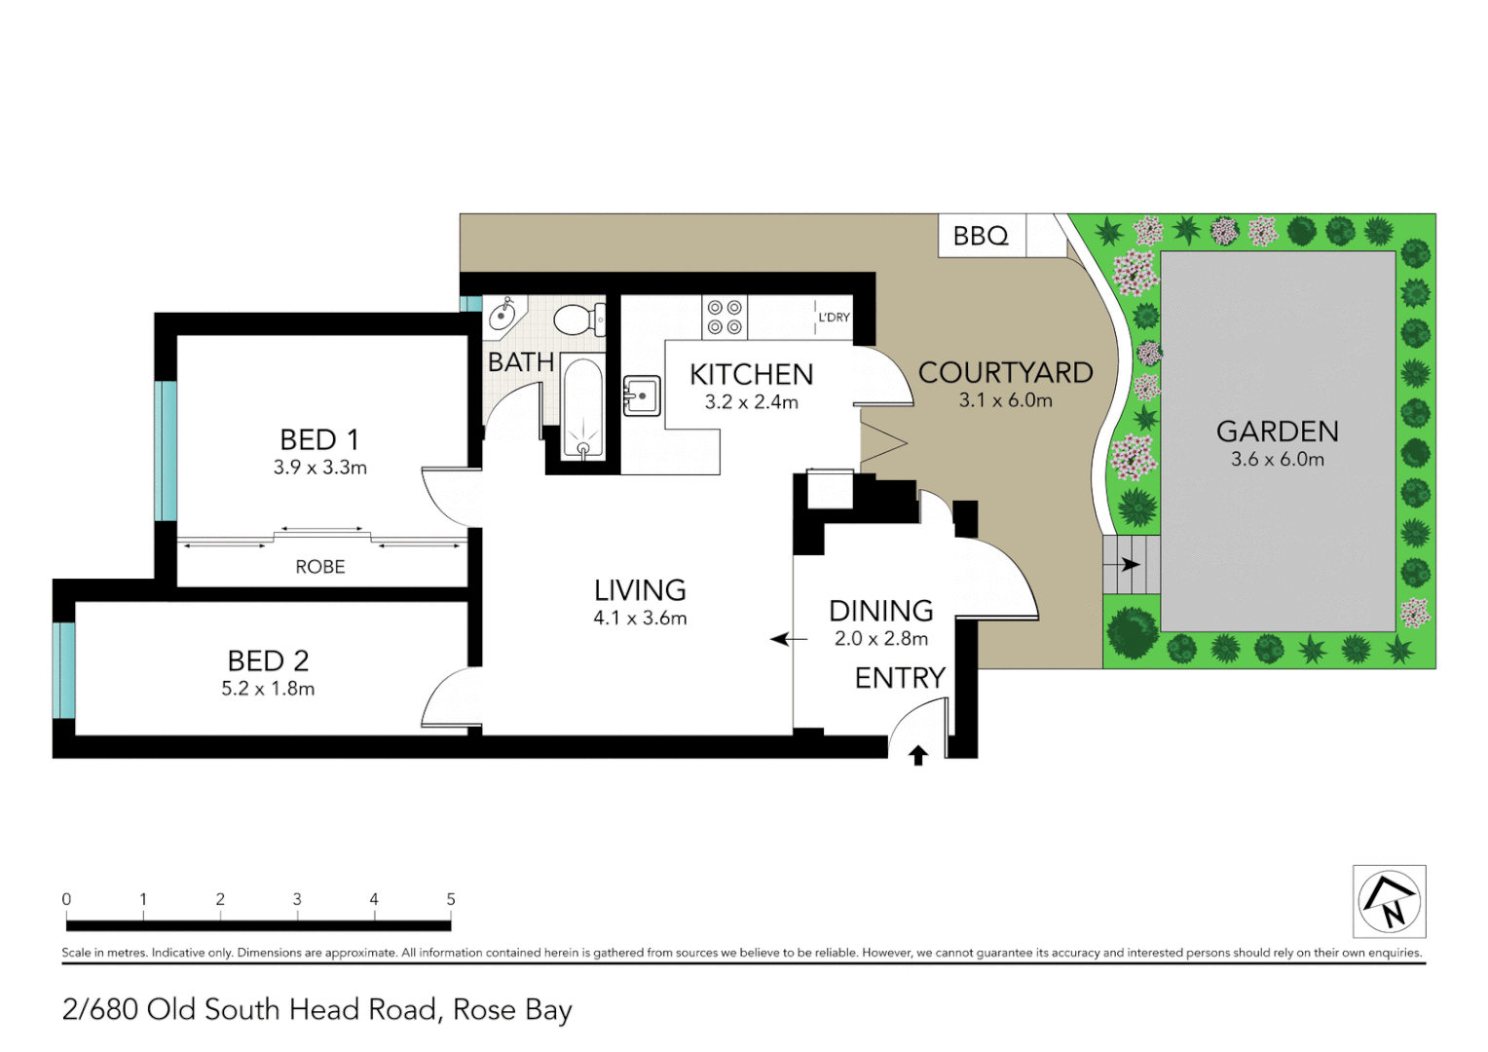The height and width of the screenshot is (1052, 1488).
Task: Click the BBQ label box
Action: (x=981, y=236)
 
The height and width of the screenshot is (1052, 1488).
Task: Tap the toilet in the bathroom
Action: (x=578, y=319)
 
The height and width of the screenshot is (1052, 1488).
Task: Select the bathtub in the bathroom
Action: (x=582, y=409)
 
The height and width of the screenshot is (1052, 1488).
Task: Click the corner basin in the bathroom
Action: (x=502, y=314)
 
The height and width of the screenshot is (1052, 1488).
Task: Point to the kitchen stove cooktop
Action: (x=725, y=317)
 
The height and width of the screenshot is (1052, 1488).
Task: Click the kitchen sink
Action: (x=642, y=395)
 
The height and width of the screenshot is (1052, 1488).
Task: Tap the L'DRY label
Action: (x=834, y=318)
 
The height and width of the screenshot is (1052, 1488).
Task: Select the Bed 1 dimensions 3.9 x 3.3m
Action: (x=319, y=468)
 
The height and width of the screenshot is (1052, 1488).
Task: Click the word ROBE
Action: (x=319, y=567)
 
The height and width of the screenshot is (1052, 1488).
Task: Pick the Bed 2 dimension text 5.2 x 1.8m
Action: (x=268, y=689)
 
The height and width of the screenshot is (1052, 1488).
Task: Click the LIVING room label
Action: (x=640, y=590)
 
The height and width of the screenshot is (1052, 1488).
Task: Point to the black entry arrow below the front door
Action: (x=917, y=755)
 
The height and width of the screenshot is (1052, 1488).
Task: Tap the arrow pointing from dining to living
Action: (x=789, y=639)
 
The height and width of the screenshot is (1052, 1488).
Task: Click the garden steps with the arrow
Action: (x=1130, y=564)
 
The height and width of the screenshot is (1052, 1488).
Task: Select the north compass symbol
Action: (x=1389, y=901)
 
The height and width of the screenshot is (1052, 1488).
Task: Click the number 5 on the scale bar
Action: (x=451, y=899)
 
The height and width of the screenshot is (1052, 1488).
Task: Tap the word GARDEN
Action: (x=1277, y=432)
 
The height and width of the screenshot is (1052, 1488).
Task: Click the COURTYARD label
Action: (x=1005, y=373)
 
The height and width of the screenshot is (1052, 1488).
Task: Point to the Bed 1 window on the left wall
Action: (x=167, y=451)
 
